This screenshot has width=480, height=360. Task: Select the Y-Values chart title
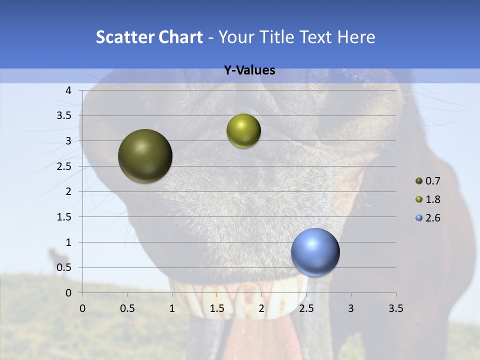point(249,70)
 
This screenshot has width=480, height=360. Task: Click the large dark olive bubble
point(145,156)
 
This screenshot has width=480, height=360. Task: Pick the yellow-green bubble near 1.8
point(243,131)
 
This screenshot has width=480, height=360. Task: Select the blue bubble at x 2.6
point(315,252)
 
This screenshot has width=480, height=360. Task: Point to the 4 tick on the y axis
point(68,90)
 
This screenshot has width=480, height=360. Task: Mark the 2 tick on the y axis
point(68,191)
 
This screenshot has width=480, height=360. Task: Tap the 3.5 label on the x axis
point(395,308)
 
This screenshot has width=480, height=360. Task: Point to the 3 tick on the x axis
point(351,308)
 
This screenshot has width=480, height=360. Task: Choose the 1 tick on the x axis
point(172,308)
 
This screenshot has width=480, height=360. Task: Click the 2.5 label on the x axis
point(306,308)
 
